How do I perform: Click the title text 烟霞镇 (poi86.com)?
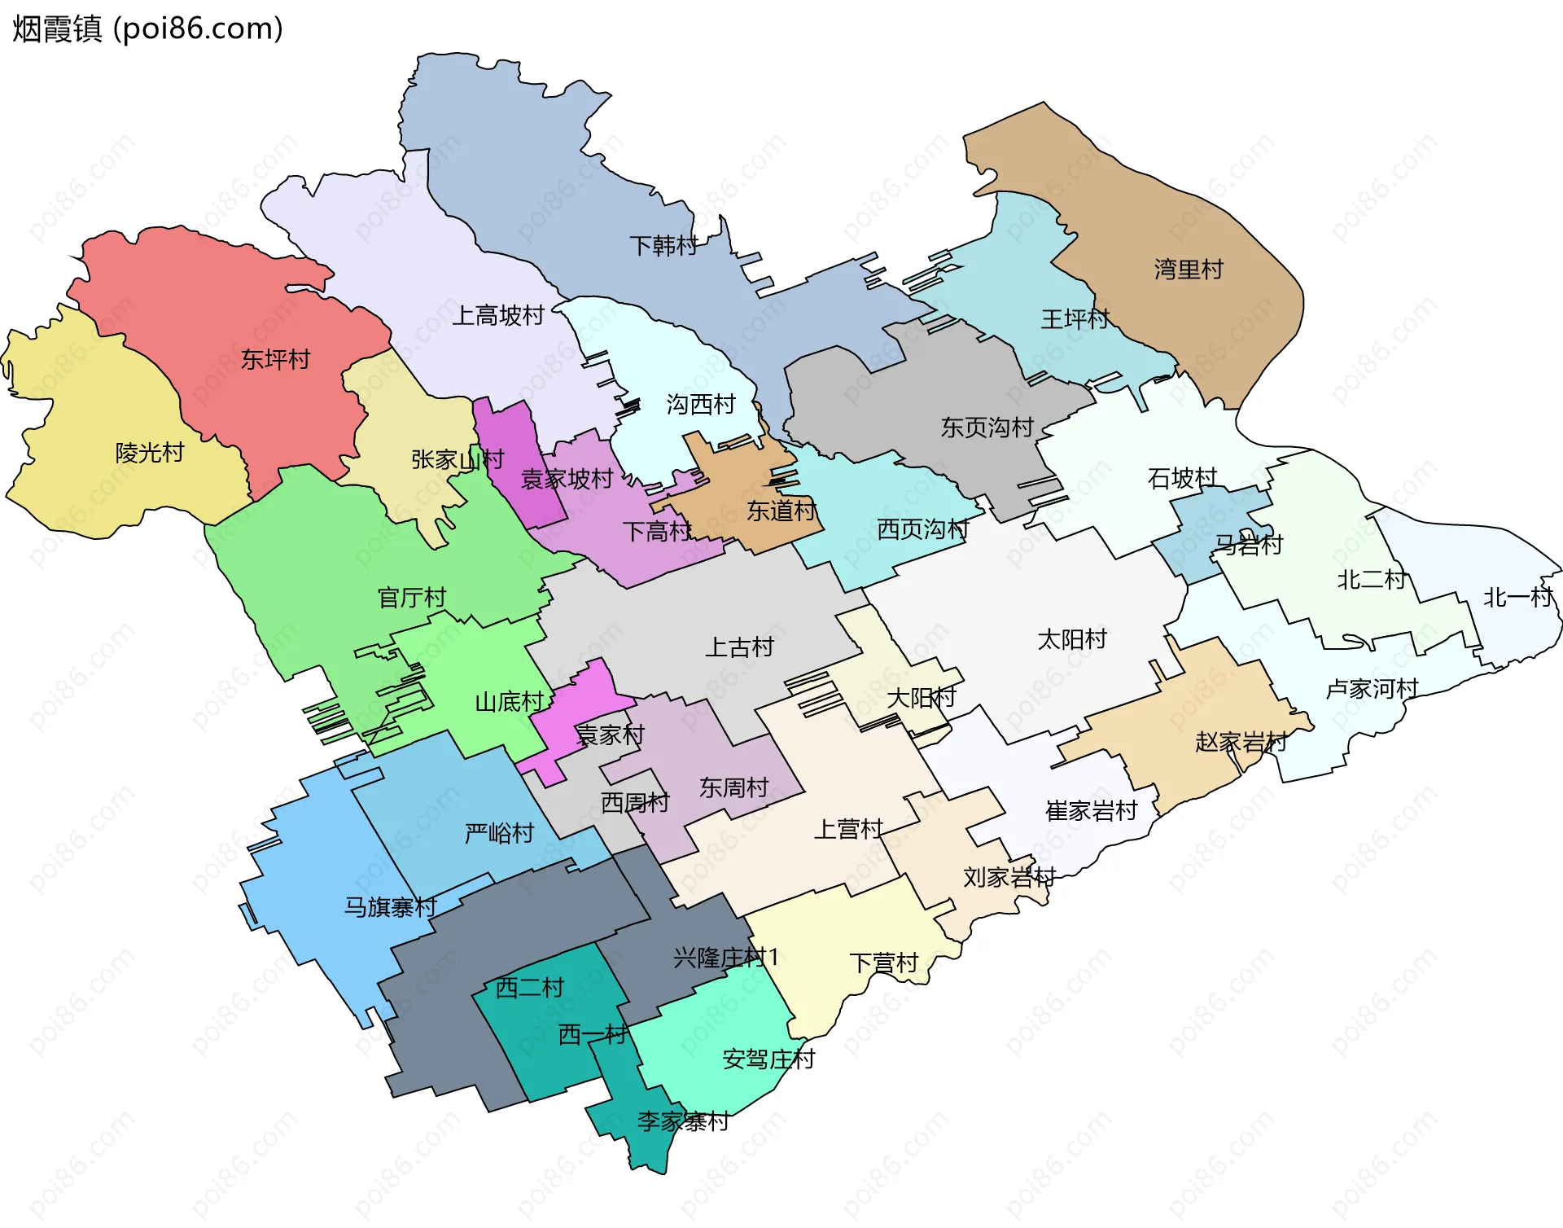pyautogui.click(x=147, y=29)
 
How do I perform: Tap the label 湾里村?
pyautogui.click(x=1189, y=270)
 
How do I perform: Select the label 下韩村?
pyautogui.click(x=663, y=245)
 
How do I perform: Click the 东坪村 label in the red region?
pyautogui.click(x=275, y=359)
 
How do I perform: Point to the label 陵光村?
pyautogui.click(x=150, y=453)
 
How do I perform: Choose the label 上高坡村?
pyautogui.click(x=497, y=316)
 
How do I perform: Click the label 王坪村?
pyautogui.click(x=1075, y=319)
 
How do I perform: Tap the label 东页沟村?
pyautogui.click(x=987, y=428)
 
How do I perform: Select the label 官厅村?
pyautogui.click(x=412, y=598)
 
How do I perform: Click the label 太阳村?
pyautogui.click(x=1072, y=639)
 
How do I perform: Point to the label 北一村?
pyautogui.click(x=1517, y=598)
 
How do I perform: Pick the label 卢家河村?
pyautogui.click(x=1372, y=689)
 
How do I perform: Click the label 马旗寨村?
pyautogui.click(x=390, y=907)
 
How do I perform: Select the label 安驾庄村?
pyautogui.click(x=768, y=1059)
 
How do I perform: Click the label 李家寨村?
pyautogui.click(x=682, y=1122)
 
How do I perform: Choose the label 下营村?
pyautogui.click(x=883, y=963)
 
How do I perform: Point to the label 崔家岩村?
pyautogui.click(x=1091, y=811)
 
